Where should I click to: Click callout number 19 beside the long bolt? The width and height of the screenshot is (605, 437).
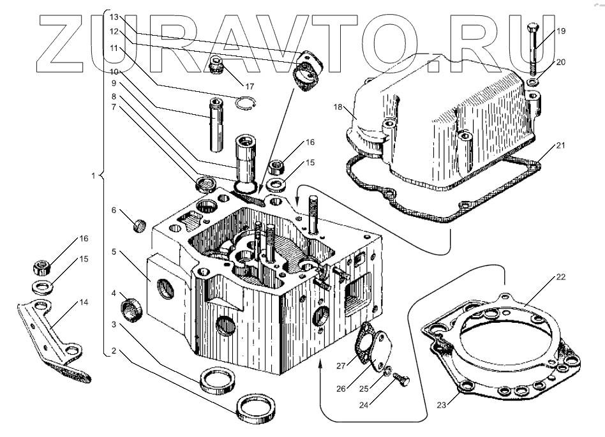(x=560, y=31)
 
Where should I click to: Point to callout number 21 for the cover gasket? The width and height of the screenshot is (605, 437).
(x=560, y=146)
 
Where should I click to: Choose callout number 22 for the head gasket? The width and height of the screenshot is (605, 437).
(x=560, y=277)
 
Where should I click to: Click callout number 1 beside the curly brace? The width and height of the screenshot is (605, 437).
(x=94, y=175)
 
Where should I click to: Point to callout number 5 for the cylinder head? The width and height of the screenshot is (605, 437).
(x=113, y=251)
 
